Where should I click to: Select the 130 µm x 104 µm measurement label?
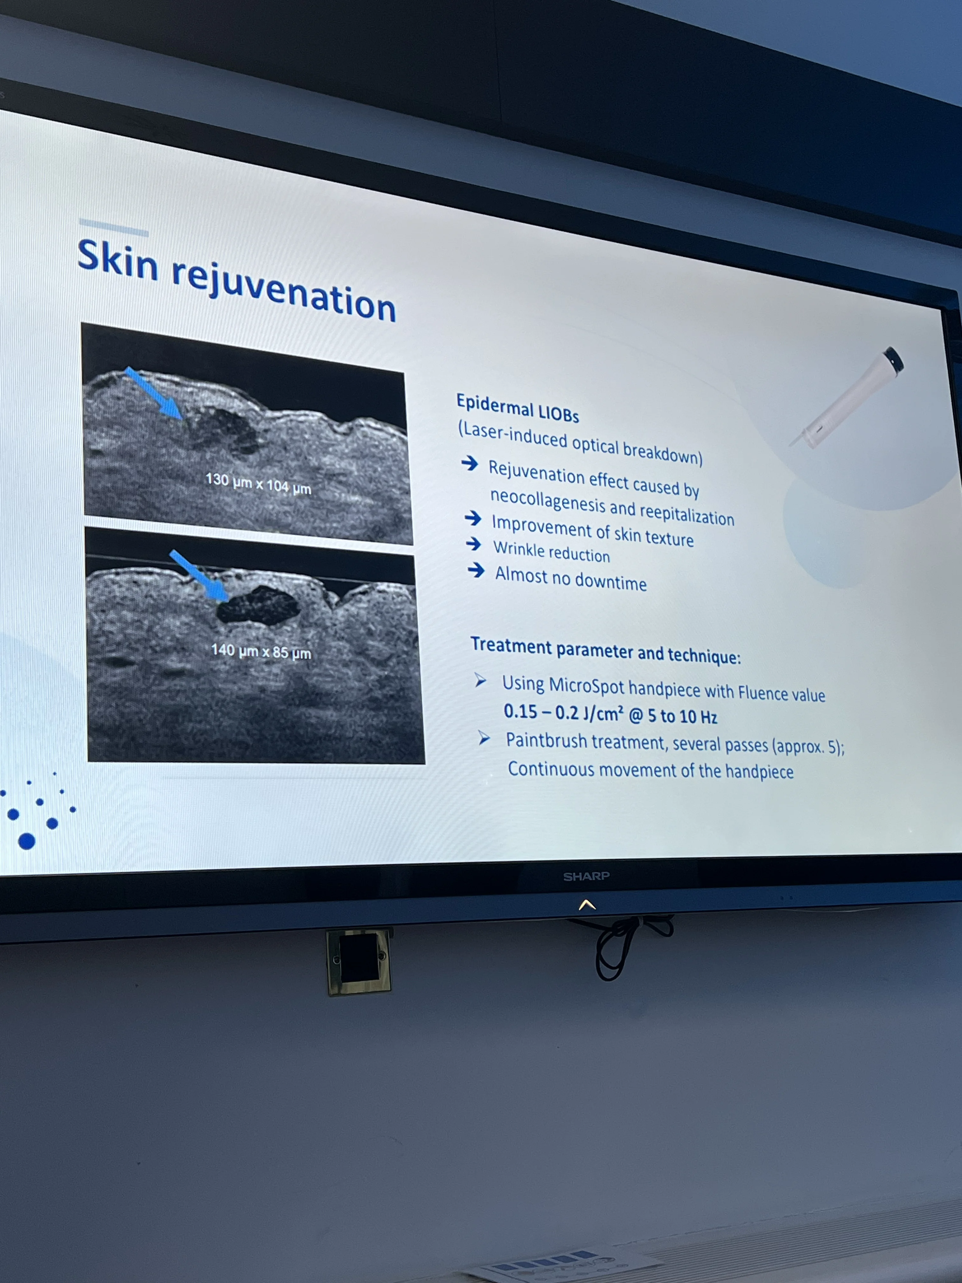pyautogui.click(x=258, y=483)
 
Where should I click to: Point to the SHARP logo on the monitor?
pyautogui.click(x=586, y=876)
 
